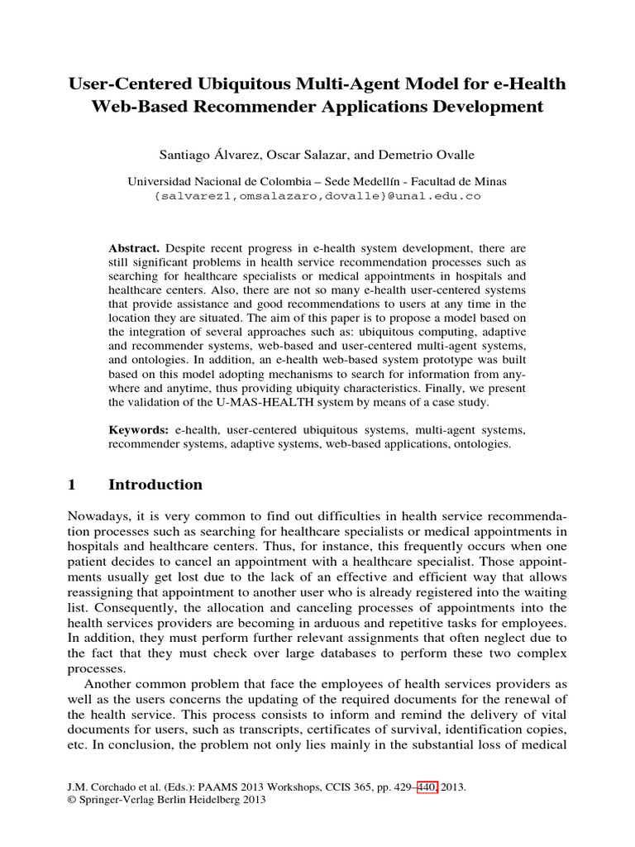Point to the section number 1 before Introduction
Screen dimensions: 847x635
[x=72, y=485]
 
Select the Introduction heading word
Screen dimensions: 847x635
[x=155, y=485]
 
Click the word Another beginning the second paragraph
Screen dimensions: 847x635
[x=106, y=688]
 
